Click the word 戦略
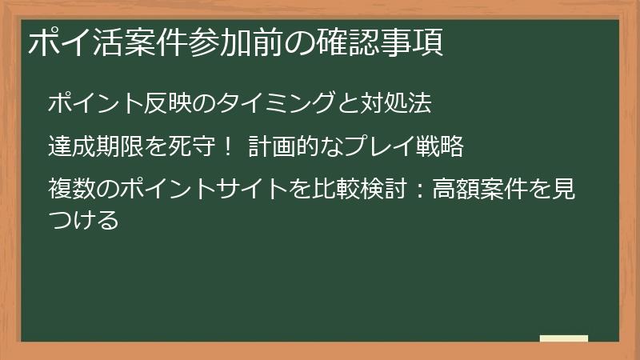coord(439,147)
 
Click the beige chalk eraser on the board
coord(563,338)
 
